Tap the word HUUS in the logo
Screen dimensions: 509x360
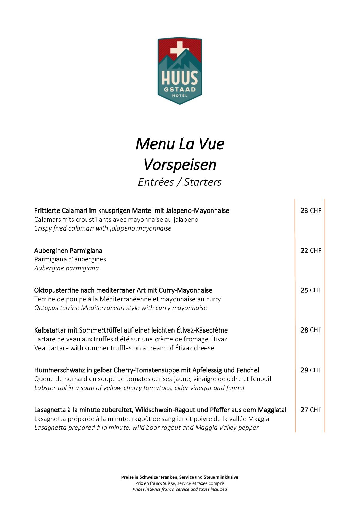click(x=180, y=78)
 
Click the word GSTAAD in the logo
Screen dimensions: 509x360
click(x=180, y=90)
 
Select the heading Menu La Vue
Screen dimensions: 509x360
click(x=180, y=144)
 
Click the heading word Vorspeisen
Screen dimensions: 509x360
click(x=180, y=165)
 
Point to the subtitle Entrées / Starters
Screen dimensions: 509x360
click(x=180, y=182)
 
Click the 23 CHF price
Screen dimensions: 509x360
click(x=311, y=211)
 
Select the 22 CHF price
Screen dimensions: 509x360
click(x=311, y=251)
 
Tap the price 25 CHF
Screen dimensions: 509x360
click(x=311, y=290)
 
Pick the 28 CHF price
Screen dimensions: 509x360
click(x=311, y=330)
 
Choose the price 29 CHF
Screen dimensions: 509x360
click(x=311, y=370)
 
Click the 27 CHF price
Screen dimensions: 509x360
click(x=311, y=410)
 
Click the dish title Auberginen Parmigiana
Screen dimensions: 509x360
click(x=68, y=251)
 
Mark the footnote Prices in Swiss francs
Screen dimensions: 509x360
click(x=180, y=489)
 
